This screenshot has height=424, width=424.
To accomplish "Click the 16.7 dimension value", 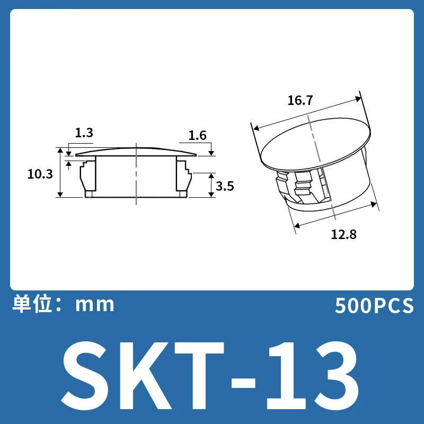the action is pyautogui.click(x=300, y=100).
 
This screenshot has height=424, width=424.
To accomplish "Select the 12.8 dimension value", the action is pyautogui.click(x=343, y=234).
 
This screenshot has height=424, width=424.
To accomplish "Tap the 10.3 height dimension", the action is pyautogui.click(x=40, y=174).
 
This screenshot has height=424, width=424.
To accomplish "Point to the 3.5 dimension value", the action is pyautogui.click(x=225, y=187).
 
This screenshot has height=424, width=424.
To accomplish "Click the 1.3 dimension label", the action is pyautogui.click(x=84, y=133).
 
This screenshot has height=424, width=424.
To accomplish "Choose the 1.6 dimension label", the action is pyautogui.click(x=197, y=135).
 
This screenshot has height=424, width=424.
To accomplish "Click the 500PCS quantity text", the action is pyautogui.click(x=374, y=306).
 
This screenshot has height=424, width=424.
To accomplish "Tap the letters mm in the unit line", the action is pyautogui.click(x=95, y=305).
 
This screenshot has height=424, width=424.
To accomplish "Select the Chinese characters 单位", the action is pyautogui.click(x=32, y=304).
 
